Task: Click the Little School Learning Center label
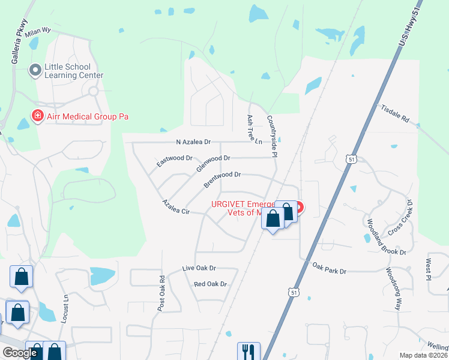73,71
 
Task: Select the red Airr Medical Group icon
37,115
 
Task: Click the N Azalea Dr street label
193,142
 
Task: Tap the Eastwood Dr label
174,160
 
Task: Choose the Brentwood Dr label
221,178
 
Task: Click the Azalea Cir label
176,208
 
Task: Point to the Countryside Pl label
272,136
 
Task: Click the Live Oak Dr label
199,268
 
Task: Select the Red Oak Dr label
210,284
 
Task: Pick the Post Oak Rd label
161,293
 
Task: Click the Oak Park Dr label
329,268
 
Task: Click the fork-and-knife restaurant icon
248,350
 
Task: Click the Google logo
20,353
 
